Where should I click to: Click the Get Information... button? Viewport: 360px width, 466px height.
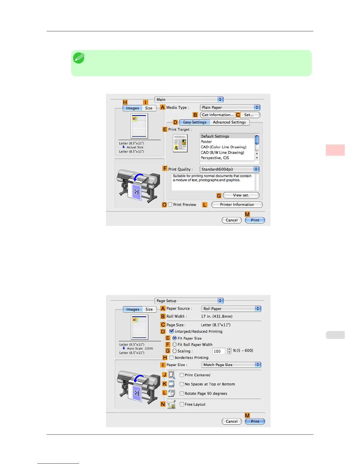tap(218, 115)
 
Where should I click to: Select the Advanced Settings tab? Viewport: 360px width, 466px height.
tap(229, 122)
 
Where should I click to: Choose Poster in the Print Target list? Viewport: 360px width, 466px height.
tap(206, 142)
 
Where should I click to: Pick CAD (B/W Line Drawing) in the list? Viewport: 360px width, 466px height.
tap(222, 153)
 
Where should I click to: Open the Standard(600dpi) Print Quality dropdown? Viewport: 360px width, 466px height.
tap(229, 169)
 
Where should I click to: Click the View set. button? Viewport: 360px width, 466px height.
tap(241, 195)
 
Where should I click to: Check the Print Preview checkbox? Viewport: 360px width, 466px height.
tap(170, 205)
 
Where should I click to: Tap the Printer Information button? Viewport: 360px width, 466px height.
tap(237, 205)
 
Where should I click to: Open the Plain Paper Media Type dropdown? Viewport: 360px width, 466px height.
tap(230, 108)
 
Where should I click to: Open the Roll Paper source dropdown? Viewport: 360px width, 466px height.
tap(231, 309)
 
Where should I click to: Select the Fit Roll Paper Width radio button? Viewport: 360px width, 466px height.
tap(175, 344)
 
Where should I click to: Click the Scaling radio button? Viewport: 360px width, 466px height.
tap(175, 351)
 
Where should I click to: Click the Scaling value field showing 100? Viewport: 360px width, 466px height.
tap(219, 351)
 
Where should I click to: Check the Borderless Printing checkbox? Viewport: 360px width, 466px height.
tap(171, 358)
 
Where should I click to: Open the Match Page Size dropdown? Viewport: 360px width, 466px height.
tap(231, 365)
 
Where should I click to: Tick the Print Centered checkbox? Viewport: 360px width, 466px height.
tap(182, 375)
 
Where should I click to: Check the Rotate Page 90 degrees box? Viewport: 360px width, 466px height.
tap(182, 394)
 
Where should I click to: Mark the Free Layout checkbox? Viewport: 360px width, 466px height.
tap(182, 405)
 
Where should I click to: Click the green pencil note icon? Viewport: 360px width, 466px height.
tap(79, 58)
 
